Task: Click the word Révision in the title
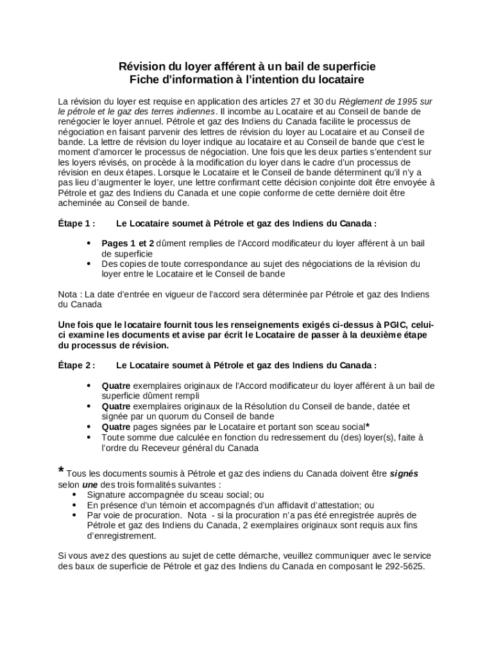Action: point(139,67)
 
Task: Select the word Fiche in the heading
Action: point(143,80)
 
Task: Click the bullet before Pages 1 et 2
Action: point(89,244)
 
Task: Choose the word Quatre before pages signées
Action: point(116,427)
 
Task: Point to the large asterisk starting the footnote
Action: point(62,472)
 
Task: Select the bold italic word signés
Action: point(404,474)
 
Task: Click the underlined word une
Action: point(90,484)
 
